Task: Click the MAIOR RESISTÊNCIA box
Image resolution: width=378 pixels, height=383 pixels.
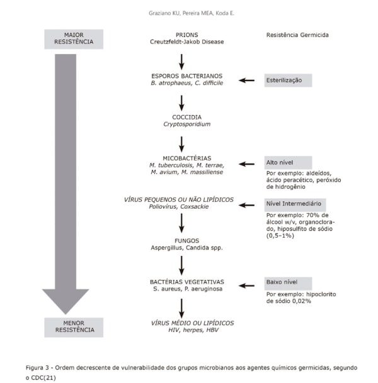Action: pyautogui.click(x=74, y=39)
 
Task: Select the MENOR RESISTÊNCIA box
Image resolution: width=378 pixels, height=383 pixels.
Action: pyautogui.click(x=74, y=327)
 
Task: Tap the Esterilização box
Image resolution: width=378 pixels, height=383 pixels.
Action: pyautogui.click(x=288, y=80)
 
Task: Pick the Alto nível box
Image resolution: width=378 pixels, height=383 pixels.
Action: pyautogui.click(x=288, y=163)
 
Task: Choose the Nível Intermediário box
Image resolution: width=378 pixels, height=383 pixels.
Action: pyautogui.click(x=295, y=205)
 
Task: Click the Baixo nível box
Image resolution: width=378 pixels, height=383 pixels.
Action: pyautogui.click(x=288, y=284)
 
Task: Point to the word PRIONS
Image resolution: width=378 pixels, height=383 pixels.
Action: pyautogui.click(x=187, y=35)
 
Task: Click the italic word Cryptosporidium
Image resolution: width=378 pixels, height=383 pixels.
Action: pyautogui.click(x=187, y=124)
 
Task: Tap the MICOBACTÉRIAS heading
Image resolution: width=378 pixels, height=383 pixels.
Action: pyautogui.click(x=187, y=158)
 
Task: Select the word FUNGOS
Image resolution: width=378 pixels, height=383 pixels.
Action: pyautogui.click(x=187, y=241)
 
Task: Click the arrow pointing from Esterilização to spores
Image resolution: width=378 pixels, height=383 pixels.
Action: pyautogui.click(x=246, y=80)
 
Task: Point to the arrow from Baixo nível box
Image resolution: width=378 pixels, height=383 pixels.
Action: pyautogui.click(x=246, y=286)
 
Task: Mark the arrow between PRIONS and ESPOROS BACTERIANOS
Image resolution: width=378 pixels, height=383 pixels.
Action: pyautogui.click(x=181, y=62)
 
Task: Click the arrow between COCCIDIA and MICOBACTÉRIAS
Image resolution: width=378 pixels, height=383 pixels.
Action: pyautogui.click(x=181, y=145)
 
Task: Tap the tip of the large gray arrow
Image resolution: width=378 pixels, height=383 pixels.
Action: pyautogui.click(x=66, y=314)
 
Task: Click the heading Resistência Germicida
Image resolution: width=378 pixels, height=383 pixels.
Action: pyautogui.click(x=297, y=35)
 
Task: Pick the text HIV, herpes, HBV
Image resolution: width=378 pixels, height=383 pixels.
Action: pyautogui.click(x=193, y=330)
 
